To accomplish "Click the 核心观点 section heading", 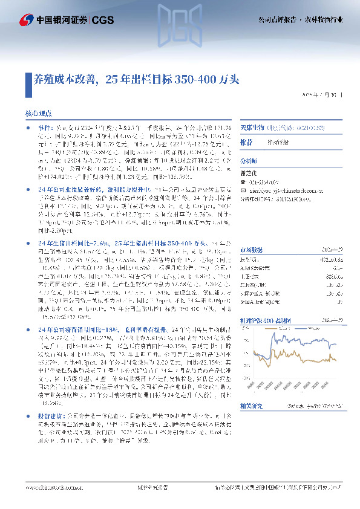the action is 38,113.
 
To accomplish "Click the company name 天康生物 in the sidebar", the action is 253,128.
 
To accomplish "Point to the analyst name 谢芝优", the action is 249,170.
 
